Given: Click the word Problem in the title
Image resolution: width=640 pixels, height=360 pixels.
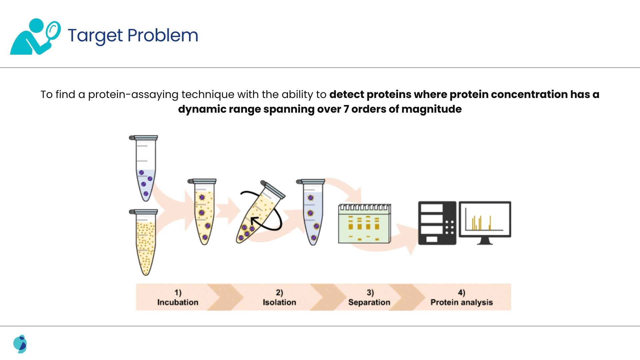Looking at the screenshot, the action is [x=163, y=35].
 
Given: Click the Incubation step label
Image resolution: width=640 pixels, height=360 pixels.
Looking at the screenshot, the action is [x=178, y=302].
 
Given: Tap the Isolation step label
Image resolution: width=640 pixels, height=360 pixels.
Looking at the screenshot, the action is [x=279, y=302].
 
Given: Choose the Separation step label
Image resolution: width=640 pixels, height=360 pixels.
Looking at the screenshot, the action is [x=369, y=302].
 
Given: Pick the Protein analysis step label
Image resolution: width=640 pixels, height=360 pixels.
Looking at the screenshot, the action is [x=462, y=302].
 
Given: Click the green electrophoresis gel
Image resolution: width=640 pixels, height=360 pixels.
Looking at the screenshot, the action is [x=365, y=224].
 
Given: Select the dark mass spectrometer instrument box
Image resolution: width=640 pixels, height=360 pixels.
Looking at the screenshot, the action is [x=437, y=223].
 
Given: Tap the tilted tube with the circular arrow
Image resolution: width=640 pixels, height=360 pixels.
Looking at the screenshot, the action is [x=260, y=213].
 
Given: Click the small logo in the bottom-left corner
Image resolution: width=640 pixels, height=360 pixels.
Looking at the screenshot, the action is [x=20, y=344].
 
